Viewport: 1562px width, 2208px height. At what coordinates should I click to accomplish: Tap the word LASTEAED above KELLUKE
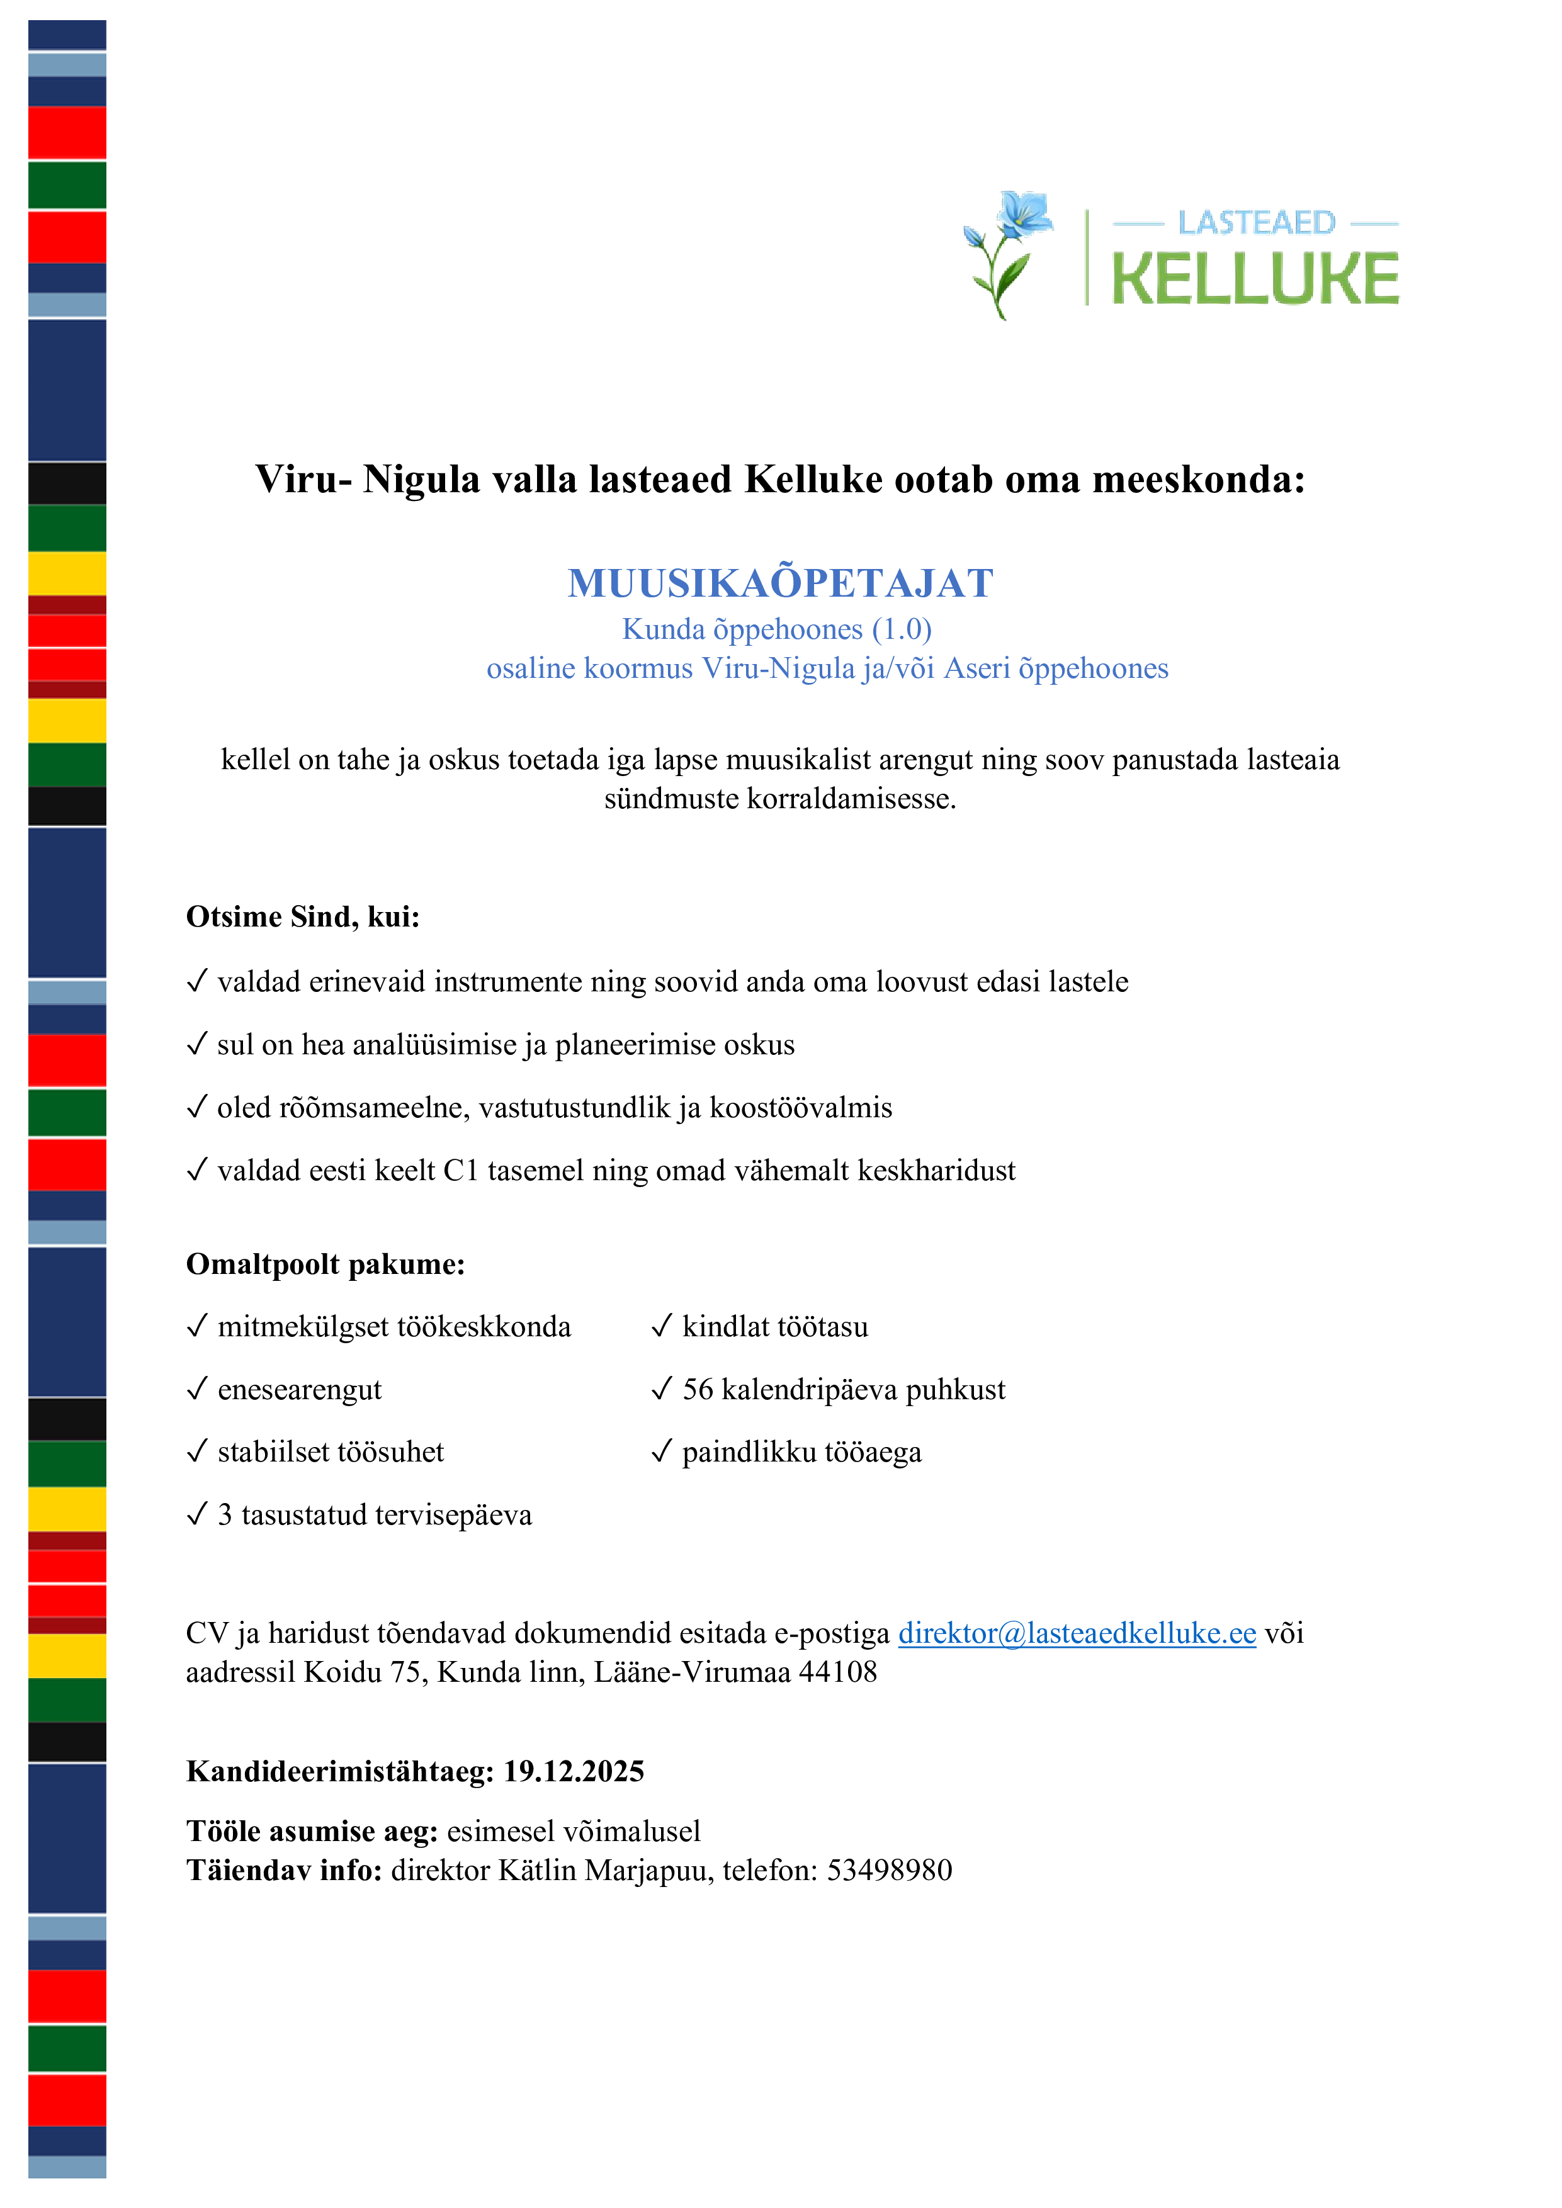coord(1256,223)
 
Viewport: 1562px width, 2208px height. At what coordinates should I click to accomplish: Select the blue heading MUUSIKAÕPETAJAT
coord(780,583)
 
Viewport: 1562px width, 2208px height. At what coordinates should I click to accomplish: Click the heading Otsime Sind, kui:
coord(303,916)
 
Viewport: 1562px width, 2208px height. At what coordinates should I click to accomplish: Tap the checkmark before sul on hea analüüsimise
coord(196,1044)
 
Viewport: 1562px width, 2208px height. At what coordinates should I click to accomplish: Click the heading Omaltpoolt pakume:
coord(325,1264)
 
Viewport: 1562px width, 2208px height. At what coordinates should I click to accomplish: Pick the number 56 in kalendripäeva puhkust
coord(698,1390)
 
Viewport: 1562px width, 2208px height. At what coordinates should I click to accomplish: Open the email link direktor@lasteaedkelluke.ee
coord(1077,1633)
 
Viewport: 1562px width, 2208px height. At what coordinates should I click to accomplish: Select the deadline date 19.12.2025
coord(574,1771)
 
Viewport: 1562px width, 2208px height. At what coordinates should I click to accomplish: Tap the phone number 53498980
coord(889,1871)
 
